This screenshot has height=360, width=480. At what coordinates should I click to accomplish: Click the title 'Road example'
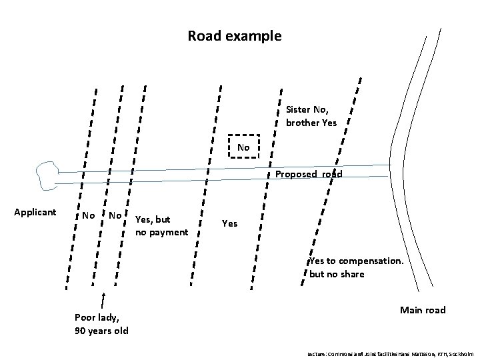coord(235,35)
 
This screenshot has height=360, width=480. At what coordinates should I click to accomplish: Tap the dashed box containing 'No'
coord(243,147)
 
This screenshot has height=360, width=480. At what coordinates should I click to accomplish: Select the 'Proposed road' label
coord(309,175)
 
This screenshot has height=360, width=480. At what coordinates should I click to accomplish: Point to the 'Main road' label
coord(422,310)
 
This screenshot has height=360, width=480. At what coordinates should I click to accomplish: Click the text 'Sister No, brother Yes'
coord(311,115)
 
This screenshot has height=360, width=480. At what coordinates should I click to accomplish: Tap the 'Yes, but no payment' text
coord(161,225)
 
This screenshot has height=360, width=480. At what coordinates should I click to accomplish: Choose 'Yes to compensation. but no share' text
coord(356,267)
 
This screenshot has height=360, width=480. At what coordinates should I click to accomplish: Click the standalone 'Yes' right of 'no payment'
coord(229,224)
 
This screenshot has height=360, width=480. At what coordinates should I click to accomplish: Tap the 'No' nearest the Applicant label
coord(87,215)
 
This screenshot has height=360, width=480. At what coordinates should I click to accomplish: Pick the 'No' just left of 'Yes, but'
coord(115,215)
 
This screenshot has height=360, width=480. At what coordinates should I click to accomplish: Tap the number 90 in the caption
coord(81,331)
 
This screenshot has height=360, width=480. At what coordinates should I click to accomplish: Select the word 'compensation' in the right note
coord(371,261)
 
